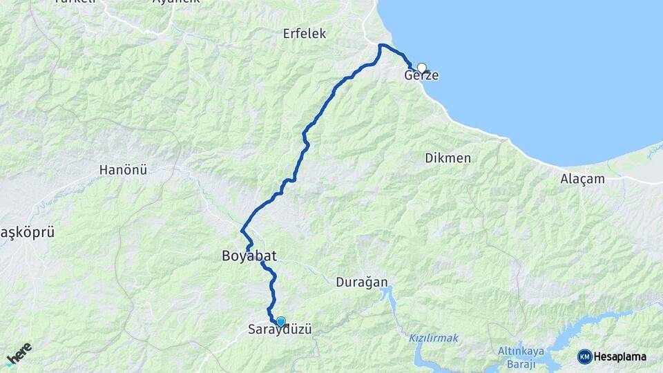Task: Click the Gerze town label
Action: (x=421, y=75)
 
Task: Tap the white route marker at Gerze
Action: (x=421, y=68)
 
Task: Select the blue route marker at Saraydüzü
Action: (x=280, y=321)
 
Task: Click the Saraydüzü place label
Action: (x=280, y=330)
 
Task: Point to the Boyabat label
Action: (x=249, y=256)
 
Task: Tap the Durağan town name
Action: (x=361, y=282)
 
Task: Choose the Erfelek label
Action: (x=304, y=34)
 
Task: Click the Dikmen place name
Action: (x=448, y=158)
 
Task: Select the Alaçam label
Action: (x=582, y=179)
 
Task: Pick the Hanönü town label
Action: (x=123, y=169)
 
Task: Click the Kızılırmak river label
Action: (x=433, y=338)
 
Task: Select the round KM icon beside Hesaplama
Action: (x=584, y=356)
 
